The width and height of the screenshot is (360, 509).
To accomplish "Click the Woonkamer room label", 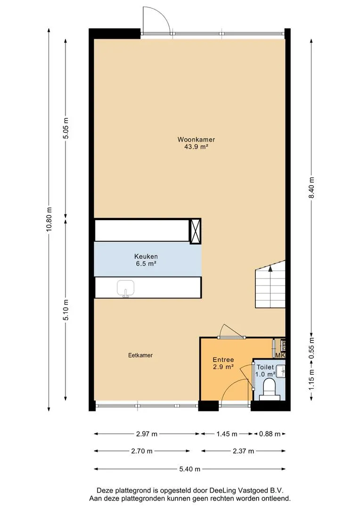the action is tap(196, 140).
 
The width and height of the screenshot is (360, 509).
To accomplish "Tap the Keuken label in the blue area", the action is tap(146, 256).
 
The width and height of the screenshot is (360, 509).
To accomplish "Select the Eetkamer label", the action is tap(140, 355).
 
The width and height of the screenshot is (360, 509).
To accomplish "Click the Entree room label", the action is tap(223, 360).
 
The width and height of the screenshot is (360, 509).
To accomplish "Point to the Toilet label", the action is tap(265, 367).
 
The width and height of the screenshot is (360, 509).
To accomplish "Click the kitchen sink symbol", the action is tap(126, 288).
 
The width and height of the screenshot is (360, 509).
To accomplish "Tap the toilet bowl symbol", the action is tap(269, 388).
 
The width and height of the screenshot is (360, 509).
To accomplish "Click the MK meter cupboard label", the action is tap(280, 355).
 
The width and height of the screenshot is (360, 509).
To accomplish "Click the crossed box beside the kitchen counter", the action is tap(195, 231).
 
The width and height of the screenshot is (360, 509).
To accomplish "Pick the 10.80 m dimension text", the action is tap(49, 219).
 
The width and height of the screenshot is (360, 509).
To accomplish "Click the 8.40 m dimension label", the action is tap(311, 188).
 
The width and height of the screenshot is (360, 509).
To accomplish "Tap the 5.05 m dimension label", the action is tap(66, 128).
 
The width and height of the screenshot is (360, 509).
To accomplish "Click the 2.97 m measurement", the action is tap(147, 434).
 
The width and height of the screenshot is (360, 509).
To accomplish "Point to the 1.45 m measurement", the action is tap(227, 434).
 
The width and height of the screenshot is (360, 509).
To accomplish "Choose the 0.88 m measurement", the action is tap(270, 434).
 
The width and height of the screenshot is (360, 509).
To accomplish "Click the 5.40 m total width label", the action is tap(190, 469).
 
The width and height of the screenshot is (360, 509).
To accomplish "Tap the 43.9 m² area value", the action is tap(196, 147).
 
